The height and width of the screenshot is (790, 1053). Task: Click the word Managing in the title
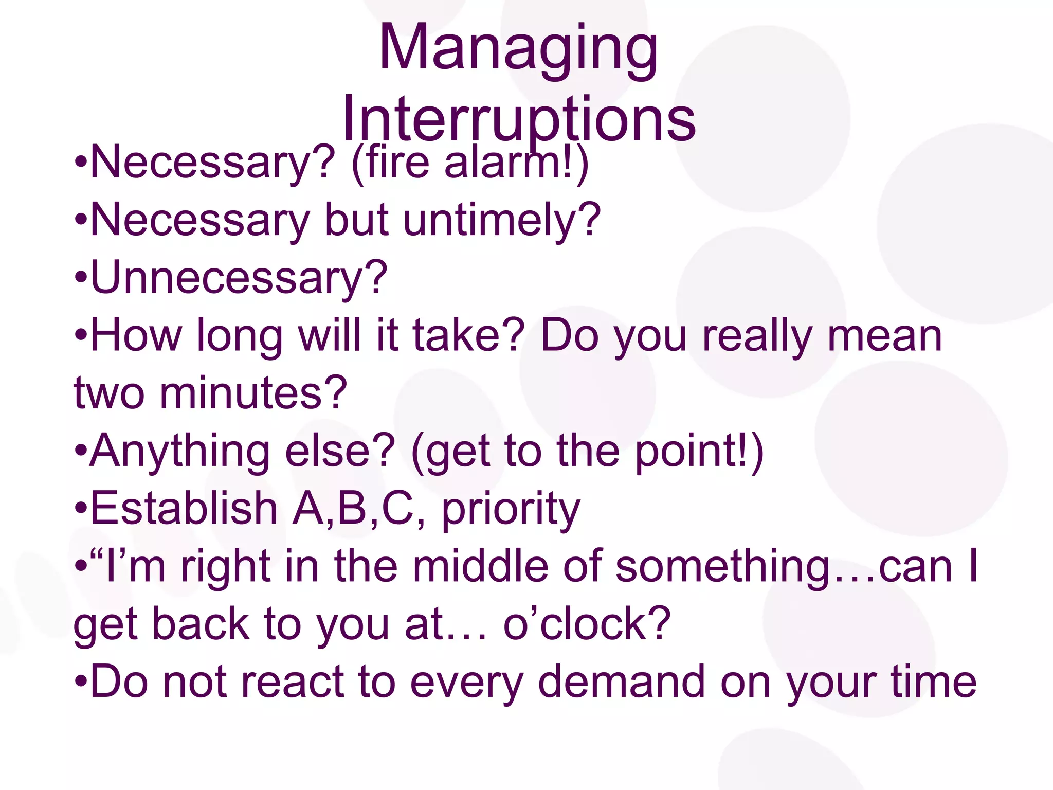click(518, 49)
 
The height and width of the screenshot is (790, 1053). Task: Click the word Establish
click(184, 509)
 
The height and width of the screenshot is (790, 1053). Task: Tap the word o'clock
click(586, 624)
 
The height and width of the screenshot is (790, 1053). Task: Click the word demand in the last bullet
click(621, 682)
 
